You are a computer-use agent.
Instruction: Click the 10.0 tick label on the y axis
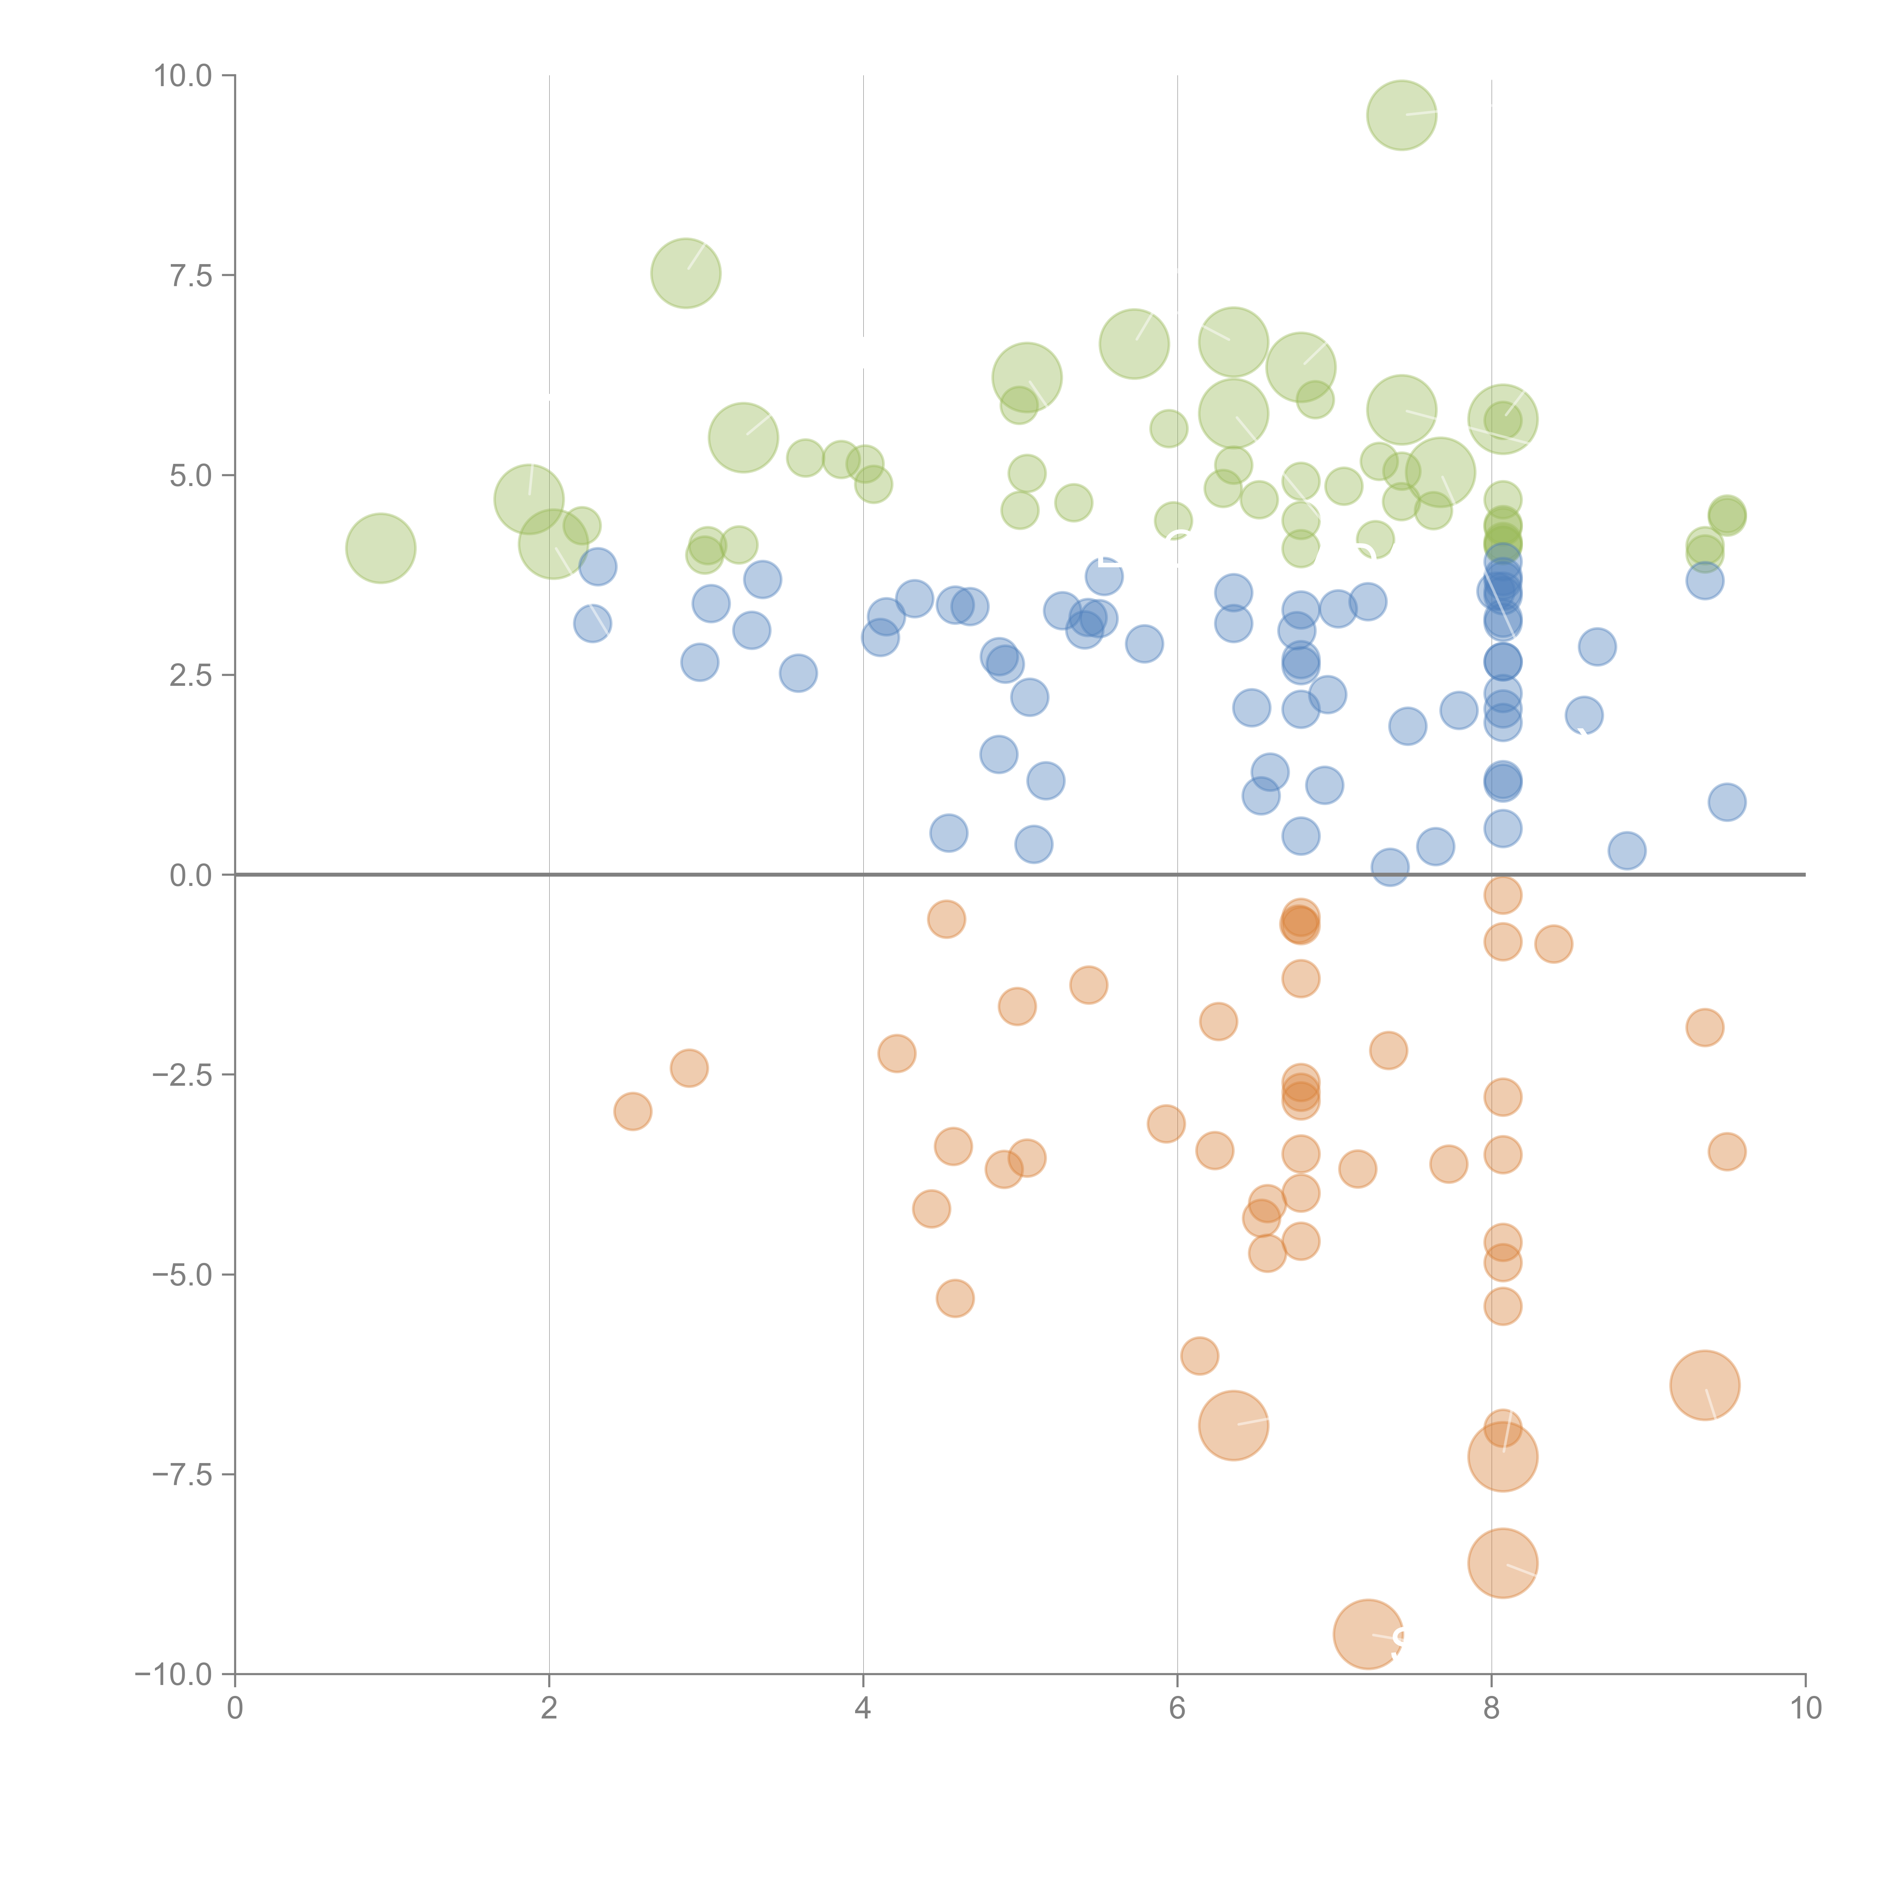[182, 76]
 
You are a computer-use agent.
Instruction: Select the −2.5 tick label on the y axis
[182, 1075]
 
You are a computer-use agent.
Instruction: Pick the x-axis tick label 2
[549, 1709]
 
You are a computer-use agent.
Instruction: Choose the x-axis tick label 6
[1177, 1709]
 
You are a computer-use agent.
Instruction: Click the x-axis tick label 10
[1805, 1709]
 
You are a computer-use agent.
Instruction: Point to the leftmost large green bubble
[381, 548]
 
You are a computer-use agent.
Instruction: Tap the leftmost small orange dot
[633, 1111]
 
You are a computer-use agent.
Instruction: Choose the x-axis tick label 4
[863, 1709]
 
